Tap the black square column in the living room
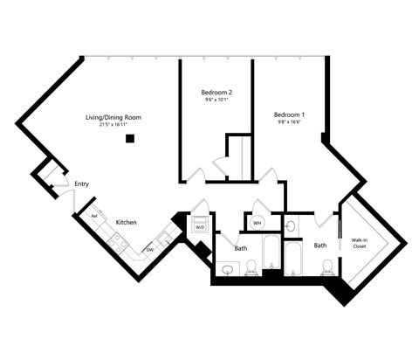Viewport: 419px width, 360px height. tap(129, 138)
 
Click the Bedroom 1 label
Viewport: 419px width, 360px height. tap(289, 114)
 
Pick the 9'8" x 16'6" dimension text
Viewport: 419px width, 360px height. tap(289, 123)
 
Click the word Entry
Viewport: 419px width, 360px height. tap(82, 183)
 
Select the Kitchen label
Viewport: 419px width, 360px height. tap(127, 223)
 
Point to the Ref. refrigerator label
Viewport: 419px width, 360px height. tap(94, 215)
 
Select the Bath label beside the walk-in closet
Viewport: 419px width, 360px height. tap(320, 246)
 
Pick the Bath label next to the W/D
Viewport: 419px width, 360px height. tap(240, 249)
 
